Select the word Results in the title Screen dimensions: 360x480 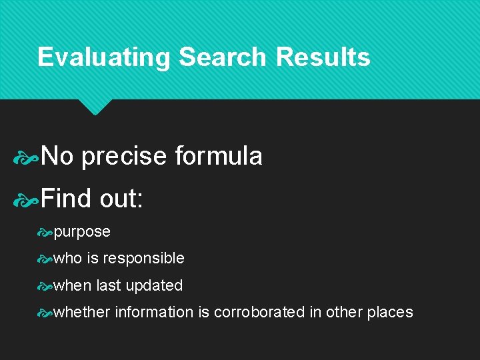tap(323, 57)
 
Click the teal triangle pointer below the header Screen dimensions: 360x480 tap(94, 106)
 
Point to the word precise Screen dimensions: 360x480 tap(124, 157)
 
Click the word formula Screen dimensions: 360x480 tap(219, 157)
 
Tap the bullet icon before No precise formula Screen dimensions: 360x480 tap(27, 157)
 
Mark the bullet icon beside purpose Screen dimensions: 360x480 tap(45, 233)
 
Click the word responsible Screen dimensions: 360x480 tap(143, 259)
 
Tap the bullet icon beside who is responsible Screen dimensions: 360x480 tap(45, 259)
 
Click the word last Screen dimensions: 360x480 tap(109, 285)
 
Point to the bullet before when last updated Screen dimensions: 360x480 tap(45, 286)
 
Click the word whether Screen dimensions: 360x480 tap(82, 312)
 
